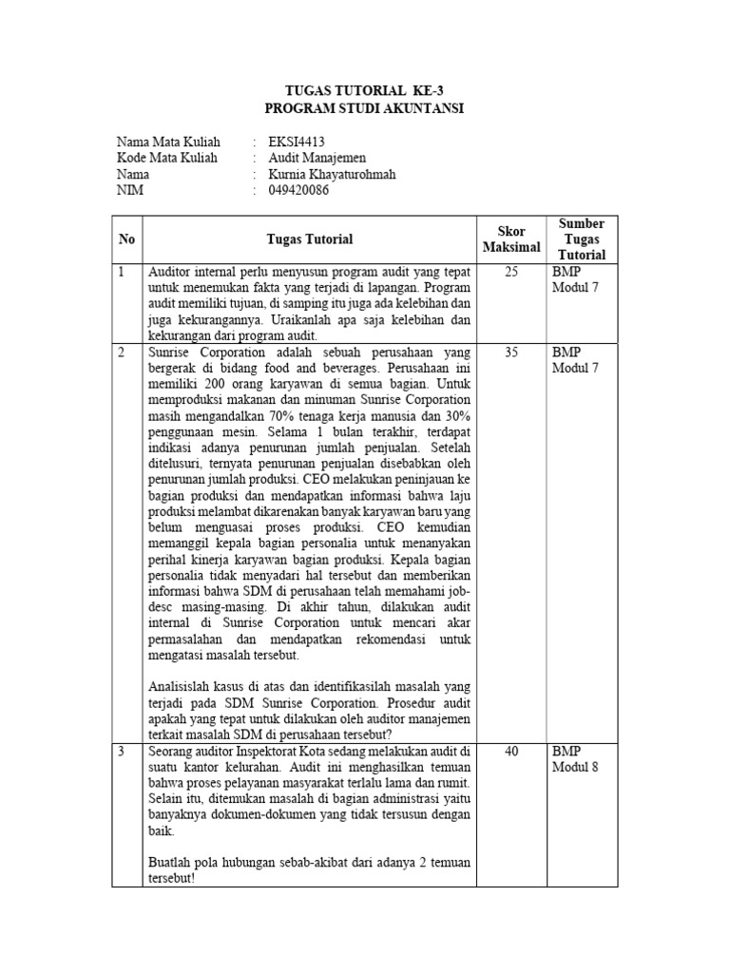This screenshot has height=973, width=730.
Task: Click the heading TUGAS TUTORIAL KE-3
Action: click(365, 90)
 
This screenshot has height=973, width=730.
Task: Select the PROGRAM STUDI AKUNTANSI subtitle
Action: click(365, 108)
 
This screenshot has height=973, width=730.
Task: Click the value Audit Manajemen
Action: click(317, 158)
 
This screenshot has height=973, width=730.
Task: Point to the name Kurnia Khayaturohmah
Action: click(332, 174)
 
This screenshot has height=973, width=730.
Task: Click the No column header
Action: click(126, 239)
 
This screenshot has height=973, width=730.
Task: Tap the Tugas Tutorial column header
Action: click(309, 239)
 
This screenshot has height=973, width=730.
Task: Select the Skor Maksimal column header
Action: click(511, 239)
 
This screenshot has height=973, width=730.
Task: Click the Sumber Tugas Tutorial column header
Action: click(581, 239)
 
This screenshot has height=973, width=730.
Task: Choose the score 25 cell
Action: click(511, 272)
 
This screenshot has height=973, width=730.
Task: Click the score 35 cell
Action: click(511, 352)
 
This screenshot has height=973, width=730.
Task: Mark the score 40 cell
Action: click(511, 751)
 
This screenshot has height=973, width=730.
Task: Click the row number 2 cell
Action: click(122, 352)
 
